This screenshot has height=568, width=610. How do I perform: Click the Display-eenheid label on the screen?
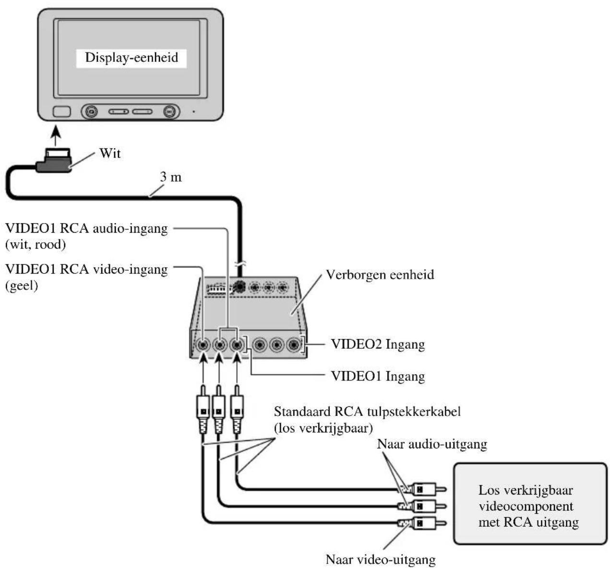pos(132,58)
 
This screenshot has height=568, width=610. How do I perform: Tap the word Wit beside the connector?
pos(110,154)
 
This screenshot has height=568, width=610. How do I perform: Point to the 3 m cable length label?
pos(171,177)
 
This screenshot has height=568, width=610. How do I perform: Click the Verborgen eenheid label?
pos(380,275)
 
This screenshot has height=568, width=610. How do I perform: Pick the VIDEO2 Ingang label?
pos(378,344)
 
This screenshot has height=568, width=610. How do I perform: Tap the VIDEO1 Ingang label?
pos(378,376)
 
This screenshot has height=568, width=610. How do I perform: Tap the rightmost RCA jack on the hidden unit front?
pos(293,345)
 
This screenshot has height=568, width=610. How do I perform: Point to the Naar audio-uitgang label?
pos(432,444)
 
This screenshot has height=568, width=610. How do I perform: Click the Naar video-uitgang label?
pos(381,559)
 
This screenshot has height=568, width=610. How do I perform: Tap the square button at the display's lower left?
pos(61,112)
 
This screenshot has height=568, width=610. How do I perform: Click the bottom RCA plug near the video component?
pos(422,522)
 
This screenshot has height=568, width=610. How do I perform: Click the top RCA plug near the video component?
pos(422,490)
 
